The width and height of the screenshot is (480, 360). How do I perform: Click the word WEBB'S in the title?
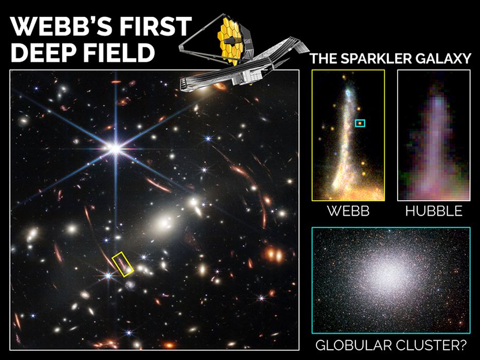pos(61,26)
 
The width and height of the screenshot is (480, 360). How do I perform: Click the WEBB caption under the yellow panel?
pos(348,211)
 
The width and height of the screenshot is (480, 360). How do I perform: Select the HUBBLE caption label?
pos(434,211)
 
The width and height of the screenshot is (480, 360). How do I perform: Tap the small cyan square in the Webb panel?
pos(360,123)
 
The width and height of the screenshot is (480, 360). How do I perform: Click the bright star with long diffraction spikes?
pos(115,149)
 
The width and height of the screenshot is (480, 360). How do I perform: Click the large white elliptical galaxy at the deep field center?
pos(165,223)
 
